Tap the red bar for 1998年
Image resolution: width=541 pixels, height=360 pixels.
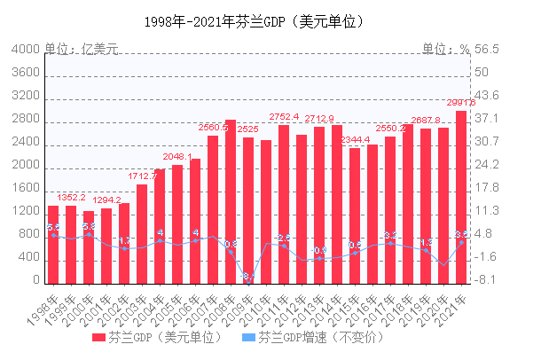click(x=53, y=245)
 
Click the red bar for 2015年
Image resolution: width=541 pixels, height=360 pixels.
click(x=355, y=216)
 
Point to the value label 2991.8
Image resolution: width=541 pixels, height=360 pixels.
click(x=462, y=103)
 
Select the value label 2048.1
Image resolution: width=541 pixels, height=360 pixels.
click(x=177, y=157)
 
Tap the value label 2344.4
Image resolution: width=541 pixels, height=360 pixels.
click(x=355, y=140)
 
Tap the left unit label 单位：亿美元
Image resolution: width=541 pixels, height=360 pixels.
click(x=82, y=50)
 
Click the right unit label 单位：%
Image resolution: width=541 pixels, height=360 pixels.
click(x=445, y=50)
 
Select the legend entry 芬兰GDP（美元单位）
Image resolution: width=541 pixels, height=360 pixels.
click(x=163, y=338)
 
